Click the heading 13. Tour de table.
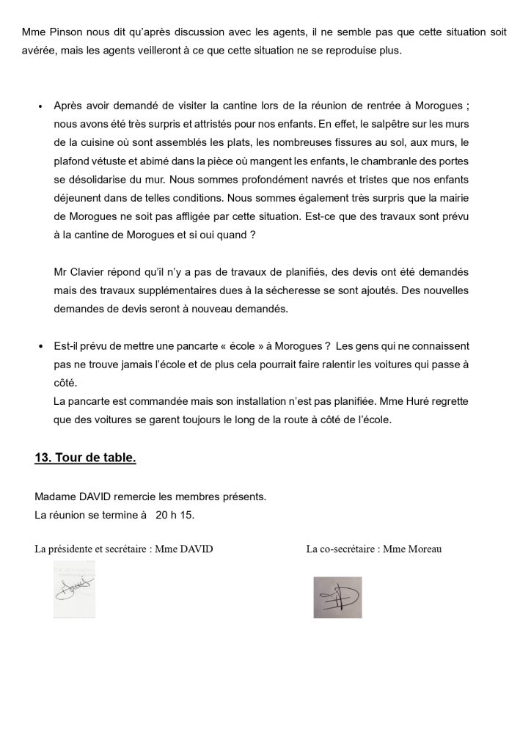click(85, 458)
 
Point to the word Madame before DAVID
click(56, 497)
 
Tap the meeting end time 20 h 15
click(175, 515)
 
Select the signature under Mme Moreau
click(337, 596)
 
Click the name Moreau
click(425, 549)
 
